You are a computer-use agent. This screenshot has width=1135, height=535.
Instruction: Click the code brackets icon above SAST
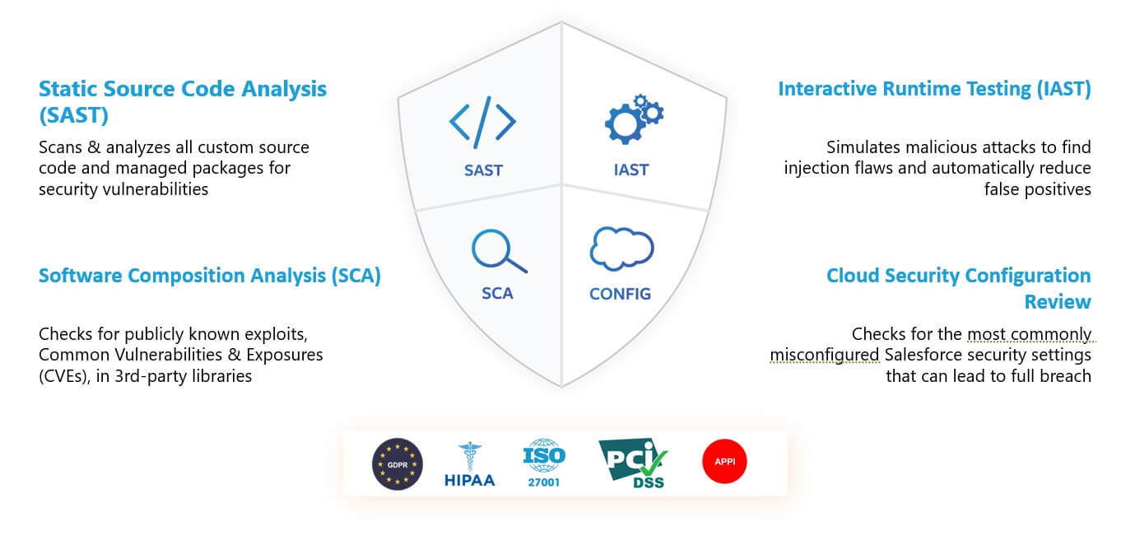click(482, 122)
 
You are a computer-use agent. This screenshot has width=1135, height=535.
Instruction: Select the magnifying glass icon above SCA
click(499, 251)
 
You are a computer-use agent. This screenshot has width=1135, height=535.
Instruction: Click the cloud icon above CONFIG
click(621, 249)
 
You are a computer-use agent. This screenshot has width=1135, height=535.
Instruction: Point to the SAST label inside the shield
click(483, 170)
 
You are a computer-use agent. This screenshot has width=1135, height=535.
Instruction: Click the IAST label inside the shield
click(630, 170)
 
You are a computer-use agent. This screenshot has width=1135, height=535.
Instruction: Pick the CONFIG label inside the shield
click(620, 294)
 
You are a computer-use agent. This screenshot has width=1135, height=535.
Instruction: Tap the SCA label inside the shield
click(497, 293)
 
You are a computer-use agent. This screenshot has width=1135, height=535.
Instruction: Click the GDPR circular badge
click(398, 464)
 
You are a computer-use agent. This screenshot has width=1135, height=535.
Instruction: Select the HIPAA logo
click(470, 464)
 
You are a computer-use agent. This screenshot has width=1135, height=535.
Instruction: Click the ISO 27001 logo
click(544, 463)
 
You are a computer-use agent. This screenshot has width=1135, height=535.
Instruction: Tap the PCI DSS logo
click(634, 463)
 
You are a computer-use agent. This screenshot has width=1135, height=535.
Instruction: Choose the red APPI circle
click(724, 462)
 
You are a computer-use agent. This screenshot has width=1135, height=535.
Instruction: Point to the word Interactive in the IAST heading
click(827, 89)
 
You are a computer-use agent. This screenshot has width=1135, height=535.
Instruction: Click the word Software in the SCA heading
click(80, 276)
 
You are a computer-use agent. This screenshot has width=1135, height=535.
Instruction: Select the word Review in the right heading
click(1058, 302)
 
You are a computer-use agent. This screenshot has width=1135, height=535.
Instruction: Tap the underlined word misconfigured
click(825, 355)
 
